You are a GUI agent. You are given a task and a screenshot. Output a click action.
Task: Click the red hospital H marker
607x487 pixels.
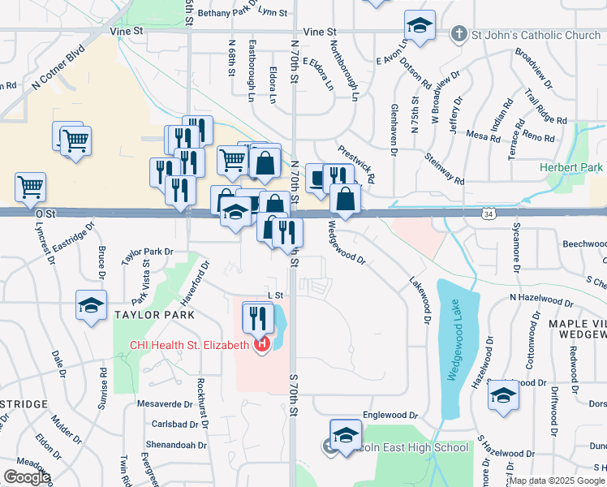pyautogui.click(x=261, y=346)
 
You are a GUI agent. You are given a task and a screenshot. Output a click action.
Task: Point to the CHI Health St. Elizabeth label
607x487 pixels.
pyautogui.click(x=189, y=345)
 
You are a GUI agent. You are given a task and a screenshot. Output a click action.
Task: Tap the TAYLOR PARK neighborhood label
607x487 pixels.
pyautogui.click(x=154, y=314)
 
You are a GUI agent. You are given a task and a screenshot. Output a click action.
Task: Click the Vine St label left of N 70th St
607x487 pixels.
pyautogui.click(x=127, y=31)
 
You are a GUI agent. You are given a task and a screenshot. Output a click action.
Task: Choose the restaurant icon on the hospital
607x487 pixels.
pyautogui.click(x=258, y=317)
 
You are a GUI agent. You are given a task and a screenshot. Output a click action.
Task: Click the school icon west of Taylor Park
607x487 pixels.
pyautogui.click(x=91, y=305)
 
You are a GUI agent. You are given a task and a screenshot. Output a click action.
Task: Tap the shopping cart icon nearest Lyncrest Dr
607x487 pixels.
pyautogui.click(x=30, y=187)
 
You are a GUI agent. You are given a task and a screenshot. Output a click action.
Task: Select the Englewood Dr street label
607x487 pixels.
pyautogui.click(x=390, y=415)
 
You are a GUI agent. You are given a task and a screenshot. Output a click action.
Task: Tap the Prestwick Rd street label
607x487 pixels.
pyautogui.click(x=357, y=163)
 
